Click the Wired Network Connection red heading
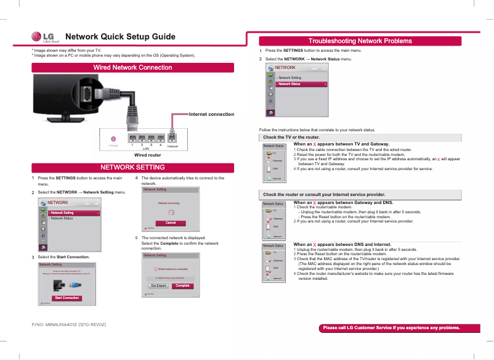click(x=132, y=67)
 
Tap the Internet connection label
click(x=211, y=114)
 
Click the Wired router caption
click(x=147, y=155)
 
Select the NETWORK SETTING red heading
click(x=132, y=168)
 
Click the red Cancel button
click(x=171, y=223)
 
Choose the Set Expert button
click(x=158, y=285)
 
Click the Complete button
click(x=182, y=285)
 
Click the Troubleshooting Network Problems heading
click(x=360, y=41)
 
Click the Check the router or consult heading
click(x=323, y=195)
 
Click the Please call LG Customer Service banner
click(x=391, y=328)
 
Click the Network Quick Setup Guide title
click(x=120, y=37)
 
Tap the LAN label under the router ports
click(x=146, y=149)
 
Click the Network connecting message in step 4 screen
click(x=169, y=203)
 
